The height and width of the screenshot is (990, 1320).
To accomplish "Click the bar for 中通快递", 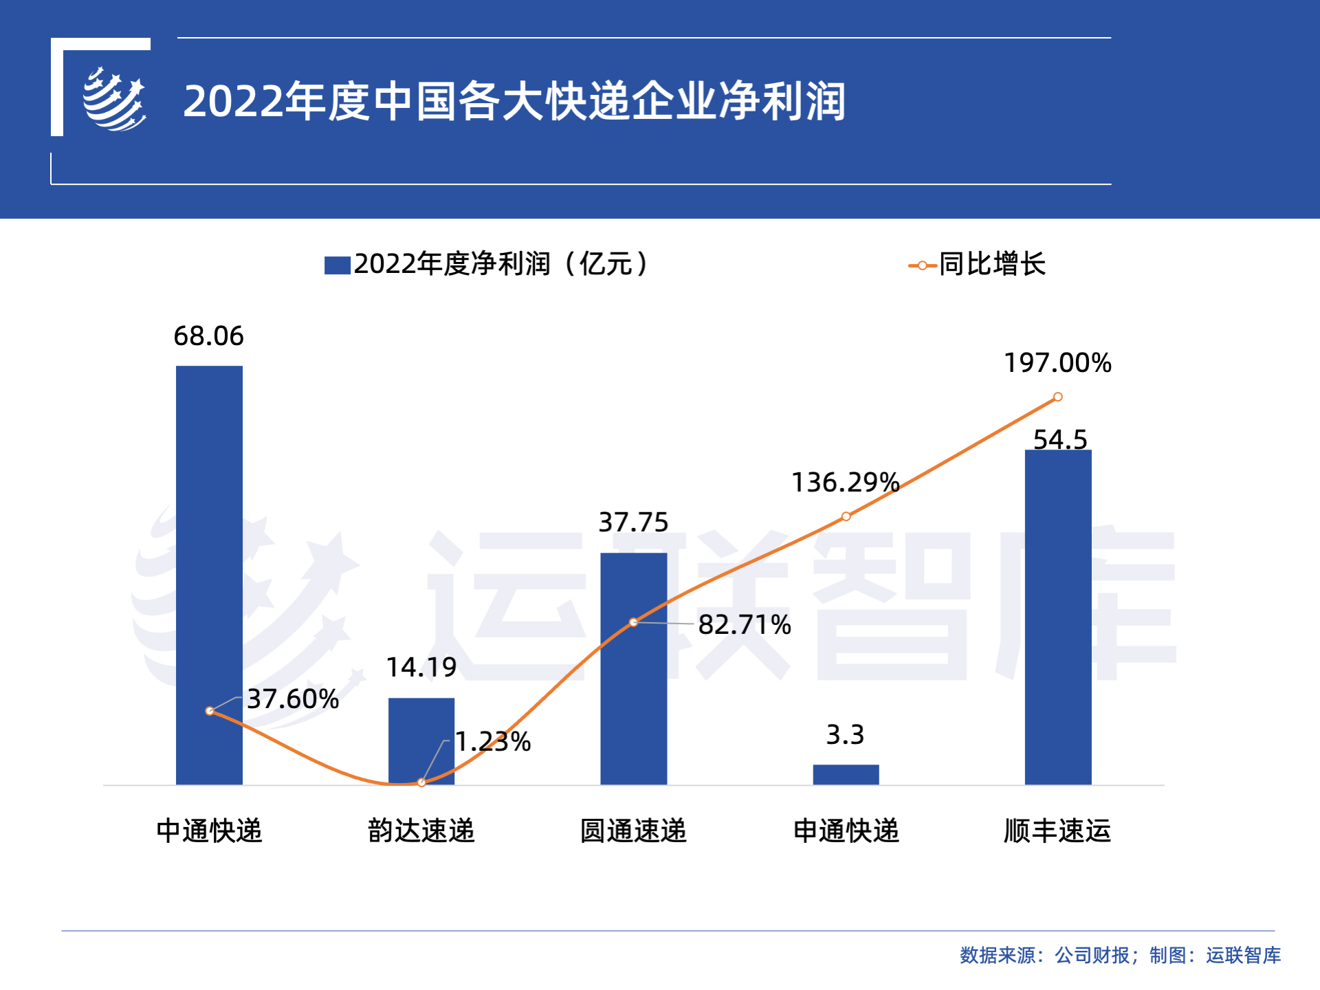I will [209, 550].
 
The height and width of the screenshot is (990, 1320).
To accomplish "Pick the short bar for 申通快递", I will [846, 775].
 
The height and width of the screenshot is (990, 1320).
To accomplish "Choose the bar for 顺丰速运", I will [1057, 619].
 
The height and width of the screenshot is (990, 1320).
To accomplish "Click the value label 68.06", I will [208, 336].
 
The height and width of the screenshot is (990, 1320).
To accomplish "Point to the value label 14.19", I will [421, 668].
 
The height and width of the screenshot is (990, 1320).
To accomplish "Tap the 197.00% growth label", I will [1057, 363].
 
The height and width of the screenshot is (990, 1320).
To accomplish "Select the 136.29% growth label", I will [845, 483].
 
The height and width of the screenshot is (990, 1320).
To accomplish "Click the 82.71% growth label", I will [745, 625].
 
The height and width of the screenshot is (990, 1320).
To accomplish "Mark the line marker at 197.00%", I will [1058, 397].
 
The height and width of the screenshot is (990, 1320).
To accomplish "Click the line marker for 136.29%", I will [846, 516].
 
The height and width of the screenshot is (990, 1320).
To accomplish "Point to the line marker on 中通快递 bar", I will [210, 711].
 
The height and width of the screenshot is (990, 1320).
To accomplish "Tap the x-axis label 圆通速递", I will [633, 830].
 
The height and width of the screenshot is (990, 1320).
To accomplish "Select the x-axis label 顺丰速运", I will [1057, 830].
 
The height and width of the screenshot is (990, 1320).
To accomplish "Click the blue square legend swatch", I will [337, 265].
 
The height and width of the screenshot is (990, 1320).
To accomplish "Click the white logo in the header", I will [114, 100].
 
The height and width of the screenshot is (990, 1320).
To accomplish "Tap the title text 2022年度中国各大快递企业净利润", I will [514, 101].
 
